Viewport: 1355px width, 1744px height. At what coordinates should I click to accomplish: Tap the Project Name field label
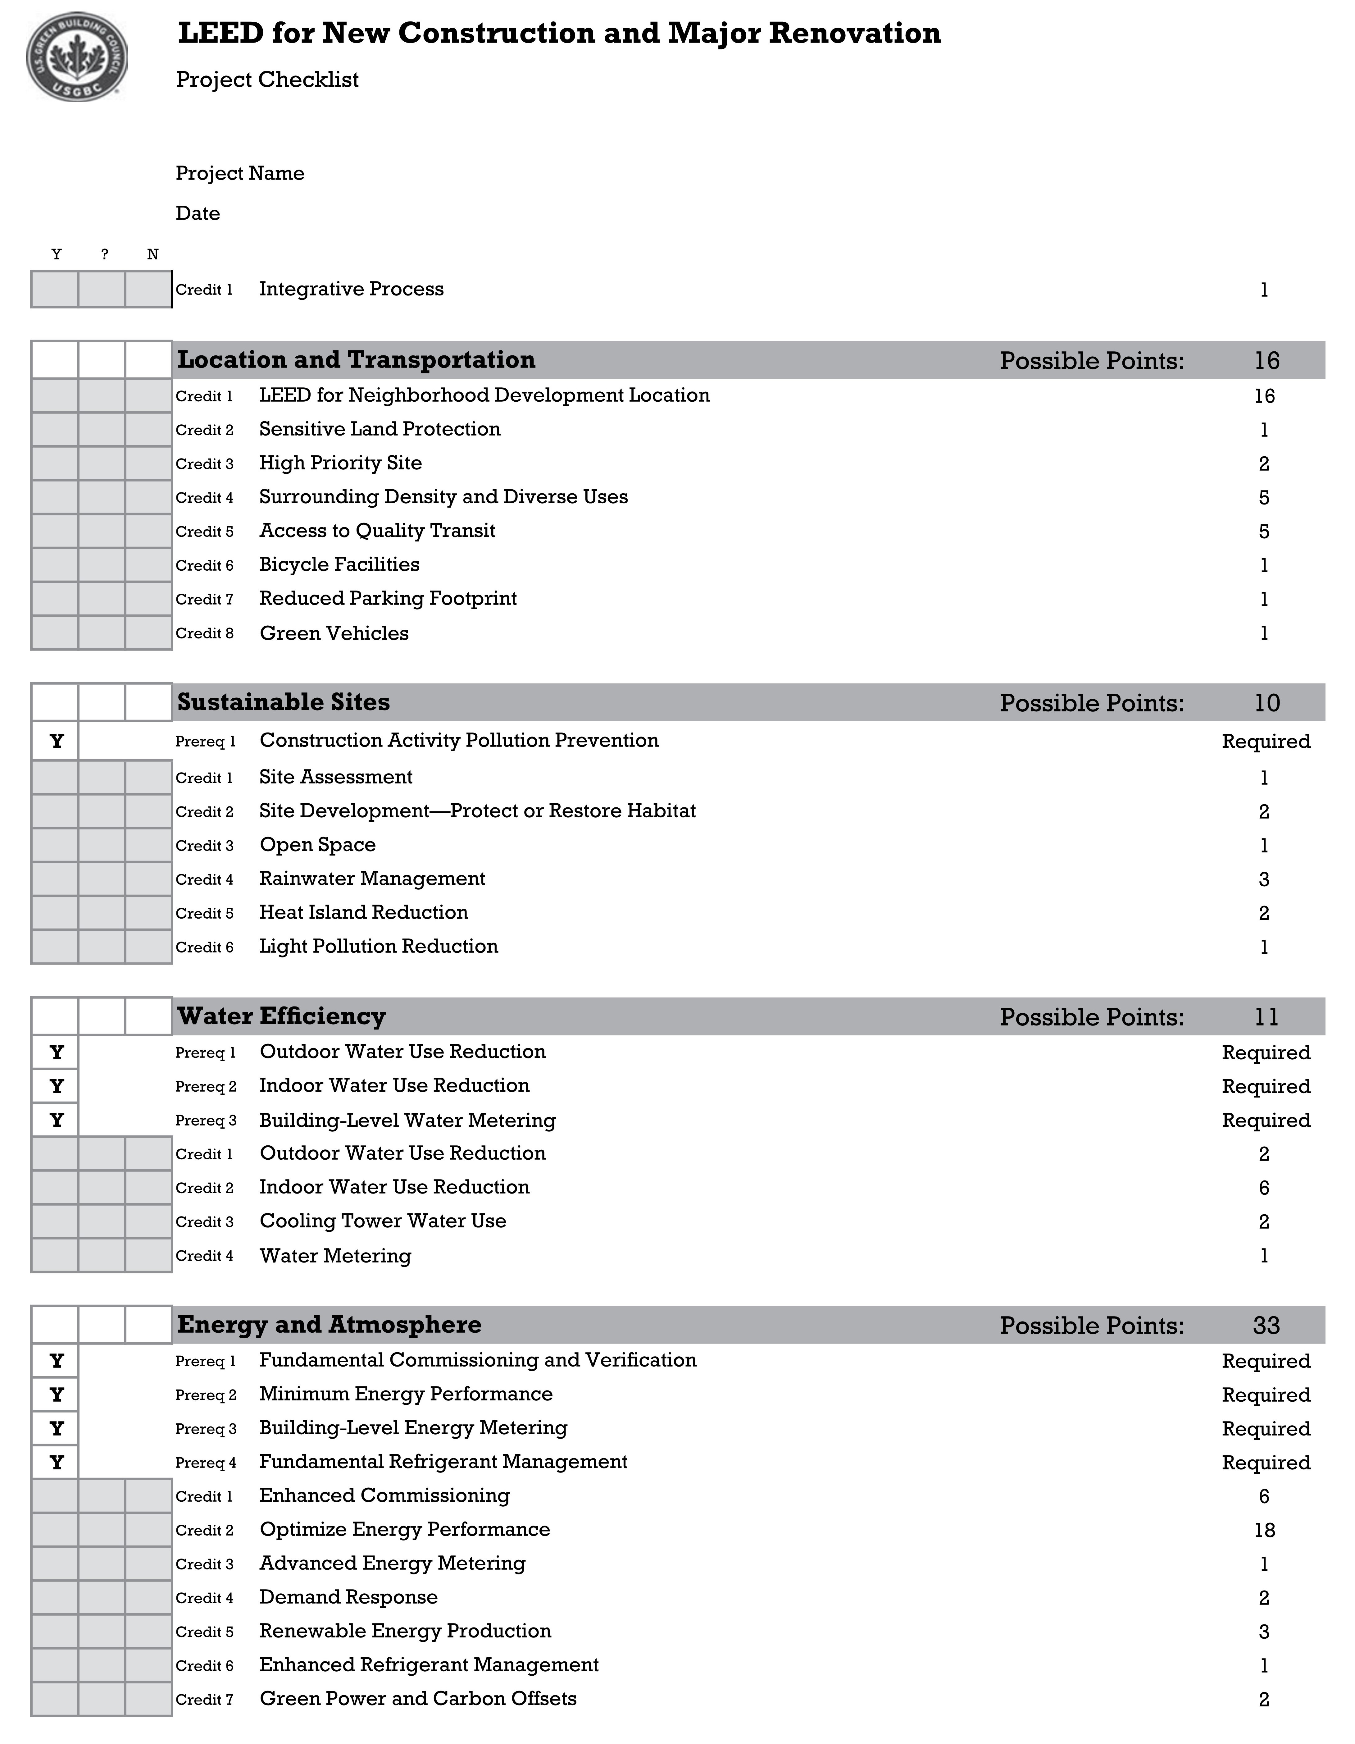pos(239,173)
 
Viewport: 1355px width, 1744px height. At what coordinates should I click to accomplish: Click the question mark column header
pos(105,255)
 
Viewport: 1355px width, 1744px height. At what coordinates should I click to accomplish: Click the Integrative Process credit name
pos(351,289)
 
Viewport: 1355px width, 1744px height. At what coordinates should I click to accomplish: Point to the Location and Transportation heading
pos(356,360)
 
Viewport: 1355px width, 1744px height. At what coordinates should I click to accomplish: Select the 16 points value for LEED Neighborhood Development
pos(1264,396)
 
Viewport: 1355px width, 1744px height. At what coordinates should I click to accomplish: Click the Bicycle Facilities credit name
pos(339,564)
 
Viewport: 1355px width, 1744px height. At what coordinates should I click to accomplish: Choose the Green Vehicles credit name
pos(334,633)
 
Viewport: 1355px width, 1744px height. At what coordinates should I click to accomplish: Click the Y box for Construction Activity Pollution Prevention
pos(56,741)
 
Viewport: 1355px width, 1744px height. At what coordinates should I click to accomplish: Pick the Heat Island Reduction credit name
pos(363,913)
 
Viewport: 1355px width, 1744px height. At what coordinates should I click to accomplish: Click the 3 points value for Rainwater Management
pos(1264,879)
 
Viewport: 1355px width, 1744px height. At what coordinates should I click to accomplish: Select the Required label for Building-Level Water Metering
pos(1266,1120)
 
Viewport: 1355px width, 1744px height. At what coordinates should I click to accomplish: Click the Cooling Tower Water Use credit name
pos(383,1221)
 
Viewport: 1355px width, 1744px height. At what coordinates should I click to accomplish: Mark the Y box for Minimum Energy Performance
pos(56,1395)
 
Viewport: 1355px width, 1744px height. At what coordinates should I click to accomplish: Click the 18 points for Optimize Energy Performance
pos(1264,1530)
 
